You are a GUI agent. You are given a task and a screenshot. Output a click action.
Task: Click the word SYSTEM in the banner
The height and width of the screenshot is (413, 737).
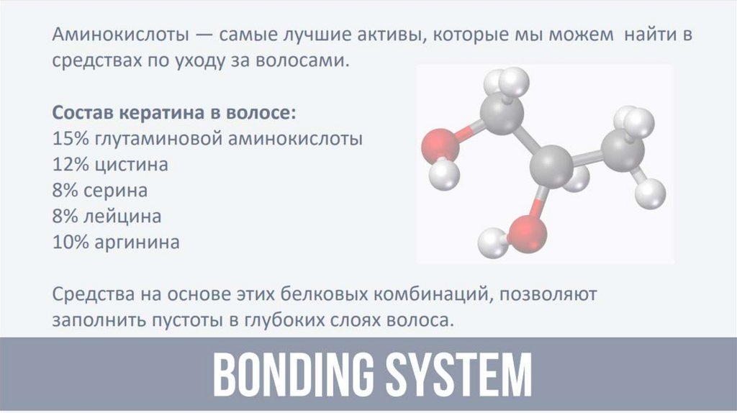coord(461,374)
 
